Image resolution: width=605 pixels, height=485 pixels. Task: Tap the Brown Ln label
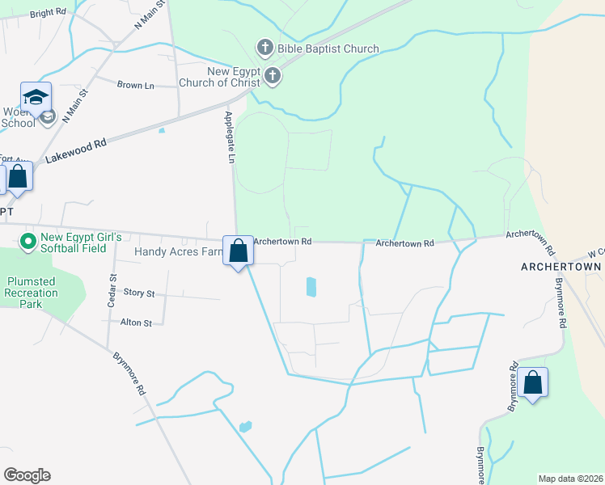pos(135,85)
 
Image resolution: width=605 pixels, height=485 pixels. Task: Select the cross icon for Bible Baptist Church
pos(264,48)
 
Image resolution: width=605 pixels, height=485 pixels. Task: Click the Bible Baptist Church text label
pos(328,48)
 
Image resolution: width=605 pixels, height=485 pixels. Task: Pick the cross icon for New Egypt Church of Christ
pos(273,77)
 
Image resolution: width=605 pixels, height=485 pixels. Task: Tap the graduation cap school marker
pos(36,98)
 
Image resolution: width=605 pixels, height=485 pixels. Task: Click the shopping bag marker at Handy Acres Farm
pos(239,251)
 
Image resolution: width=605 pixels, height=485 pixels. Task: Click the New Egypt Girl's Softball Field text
pos(81,243)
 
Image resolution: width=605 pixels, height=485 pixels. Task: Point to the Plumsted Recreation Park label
pos(31,293)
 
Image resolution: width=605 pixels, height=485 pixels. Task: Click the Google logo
pos(27,475)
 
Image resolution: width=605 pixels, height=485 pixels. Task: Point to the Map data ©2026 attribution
pos(569,479)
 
